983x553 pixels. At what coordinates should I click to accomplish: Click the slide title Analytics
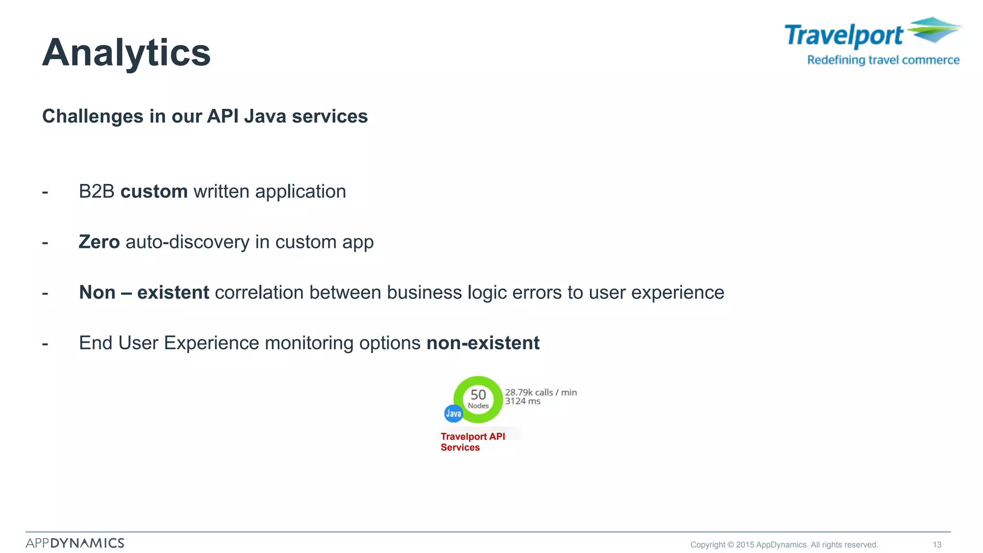126,52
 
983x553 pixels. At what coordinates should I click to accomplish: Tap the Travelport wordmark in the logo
843,36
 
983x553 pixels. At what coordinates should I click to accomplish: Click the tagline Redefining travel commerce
883,60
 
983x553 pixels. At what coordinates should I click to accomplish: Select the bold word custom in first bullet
154,192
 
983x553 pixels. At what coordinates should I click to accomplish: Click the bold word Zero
99,242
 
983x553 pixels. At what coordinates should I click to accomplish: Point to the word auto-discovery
187,242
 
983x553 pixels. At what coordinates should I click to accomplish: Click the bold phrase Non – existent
144,292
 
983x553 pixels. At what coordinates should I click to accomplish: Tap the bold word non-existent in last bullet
483,343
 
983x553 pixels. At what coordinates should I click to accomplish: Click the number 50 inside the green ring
478,395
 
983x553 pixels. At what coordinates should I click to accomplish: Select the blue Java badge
453,413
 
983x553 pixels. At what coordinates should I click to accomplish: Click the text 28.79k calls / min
540,392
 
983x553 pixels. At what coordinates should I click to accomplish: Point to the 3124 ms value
522,401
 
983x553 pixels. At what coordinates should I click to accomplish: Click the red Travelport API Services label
472,442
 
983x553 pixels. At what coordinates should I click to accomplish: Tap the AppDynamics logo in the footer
75,543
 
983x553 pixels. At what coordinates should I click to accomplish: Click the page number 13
937,545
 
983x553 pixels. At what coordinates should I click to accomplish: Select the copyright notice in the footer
784,545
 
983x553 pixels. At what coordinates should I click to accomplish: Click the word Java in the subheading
265,117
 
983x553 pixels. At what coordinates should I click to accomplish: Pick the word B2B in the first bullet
96,192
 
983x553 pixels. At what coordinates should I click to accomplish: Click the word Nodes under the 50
478,406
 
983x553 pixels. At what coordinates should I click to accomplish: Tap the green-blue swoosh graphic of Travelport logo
934,30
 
